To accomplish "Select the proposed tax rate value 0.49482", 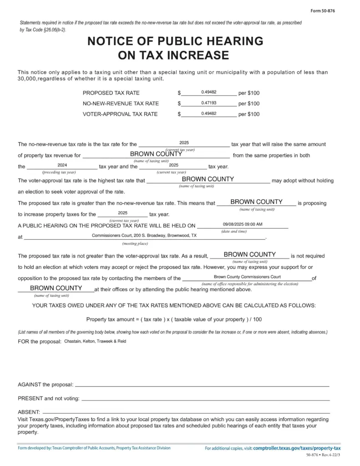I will (208, 92).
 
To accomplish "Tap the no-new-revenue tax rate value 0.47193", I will (208, 103).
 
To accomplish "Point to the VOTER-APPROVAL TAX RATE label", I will (120, 114).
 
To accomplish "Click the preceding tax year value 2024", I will (62, 165).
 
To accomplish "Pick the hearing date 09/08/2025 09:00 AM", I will (243, 224).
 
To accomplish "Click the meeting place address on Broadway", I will (144, 236).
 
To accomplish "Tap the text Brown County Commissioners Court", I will (247, 277).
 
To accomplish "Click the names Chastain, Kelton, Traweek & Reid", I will (95, 341).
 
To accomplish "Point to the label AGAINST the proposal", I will (45, 385).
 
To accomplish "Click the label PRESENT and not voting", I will (48, 398).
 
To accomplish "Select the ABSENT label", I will (29, 412).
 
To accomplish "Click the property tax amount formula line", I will (174, 319).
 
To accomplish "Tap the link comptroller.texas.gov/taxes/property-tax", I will (297, 448).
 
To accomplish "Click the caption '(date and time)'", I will (234, 231).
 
